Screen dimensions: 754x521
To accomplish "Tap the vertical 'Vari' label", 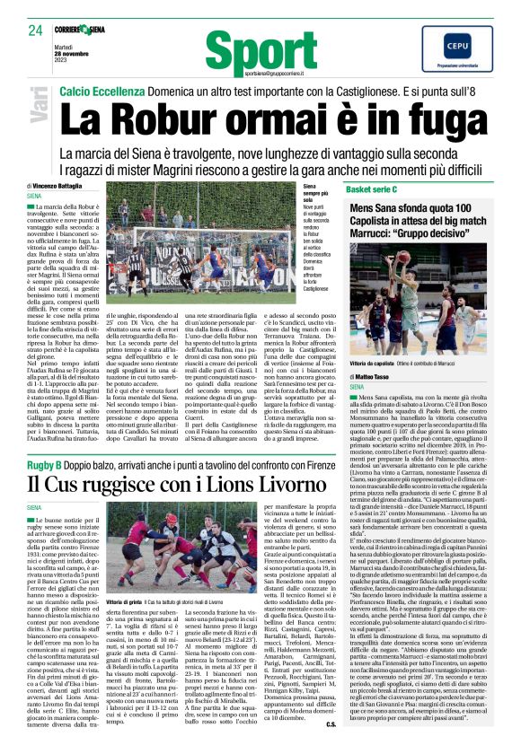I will (x=40, y=116).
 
